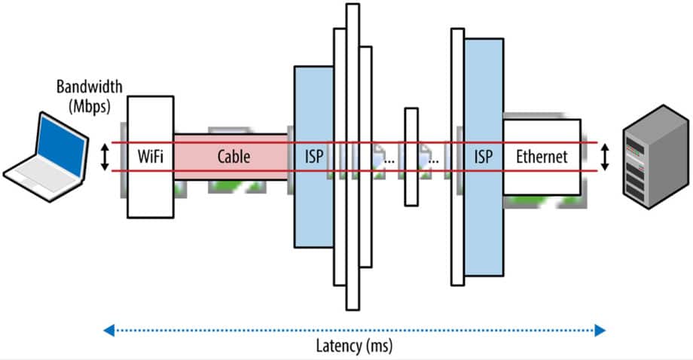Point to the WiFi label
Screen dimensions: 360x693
tap(151, 157)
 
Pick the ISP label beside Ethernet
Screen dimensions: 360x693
tap(484, 157)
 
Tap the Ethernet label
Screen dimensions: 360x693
tap(542, 157)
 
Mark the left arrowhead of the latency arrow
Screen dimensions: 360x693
tap(108, 329)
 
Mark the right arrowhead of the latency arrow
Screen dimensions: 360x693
tap(600, 329)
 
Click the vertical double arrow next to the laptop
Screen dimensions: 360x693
tap(106, 157)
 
